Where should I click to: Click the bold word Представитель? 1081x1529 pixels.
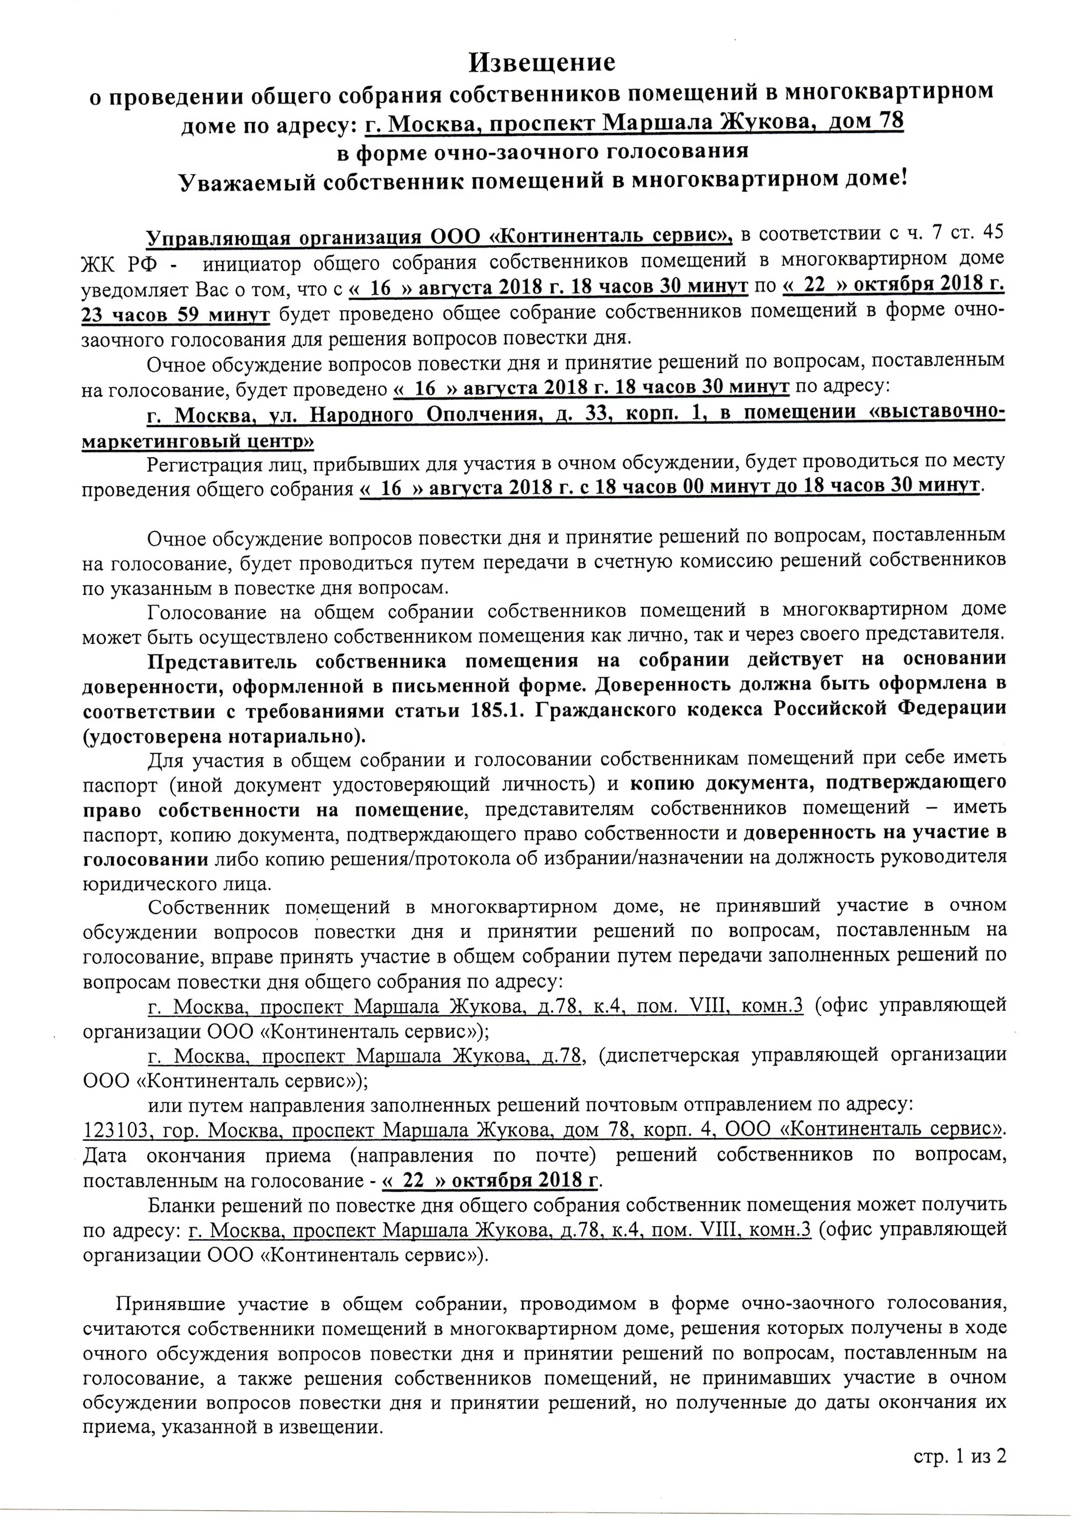(x=222, y=660)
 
